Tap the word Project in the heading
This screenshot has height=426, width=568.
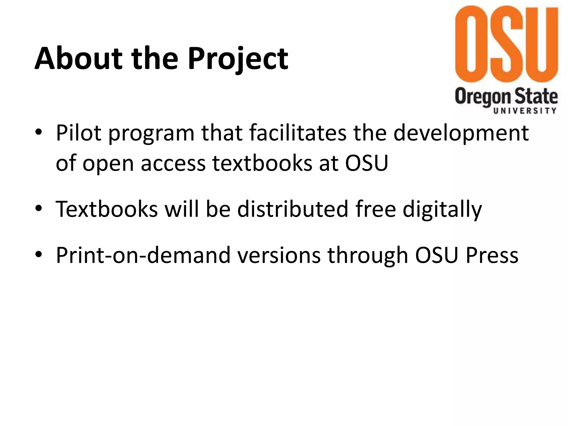pos(238,59)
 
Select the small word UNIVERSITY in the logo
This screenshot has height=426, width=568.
pos(525,111)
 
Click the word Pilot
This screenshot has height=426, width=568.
pos(78,133)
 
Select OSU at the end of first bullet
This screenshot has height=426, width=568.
pos(366,163)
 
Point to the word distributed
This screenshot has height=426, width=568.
pos(293,209)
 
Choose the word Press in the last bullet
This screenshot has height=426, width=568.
pos(492,255)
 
